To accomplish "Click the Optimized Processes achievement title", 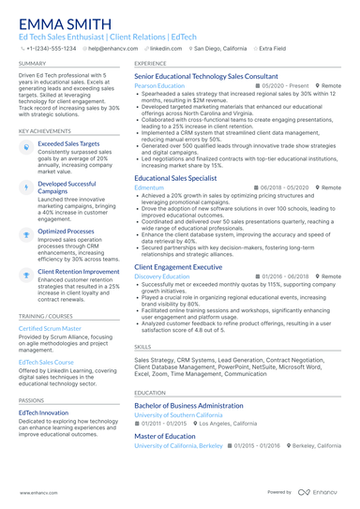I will pos(66,231).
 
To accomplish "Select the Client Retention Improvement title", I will pos(79,271).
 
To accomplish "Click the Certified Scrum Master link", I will pos(50,329).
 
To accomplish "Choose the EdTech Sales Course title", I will pos(46,361).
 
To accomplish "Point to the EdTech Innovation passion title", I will pos(43,412).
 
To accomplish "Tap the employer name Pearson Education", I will pos(159,85).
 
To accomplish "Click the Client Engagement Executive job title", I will pos(178,267).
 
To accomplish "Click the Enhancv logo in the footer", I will pos(319,491).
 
